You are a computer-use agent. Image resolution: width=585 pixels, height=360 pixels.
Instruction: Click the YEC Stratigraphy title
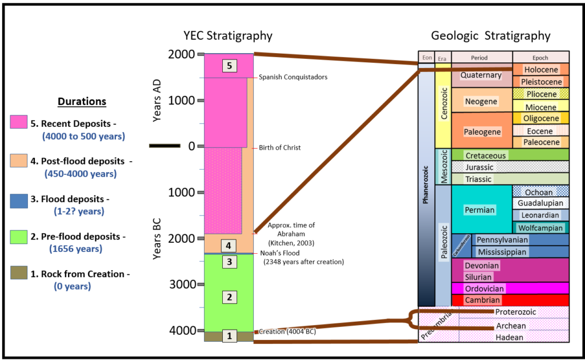click(227, 36)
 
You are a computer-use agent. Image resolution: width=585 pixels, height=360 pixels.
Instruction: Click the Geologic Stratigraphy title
click(490, 36)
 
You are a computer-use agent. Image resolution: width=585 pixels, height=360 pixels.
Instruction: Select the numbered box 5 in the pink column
click(229, 66)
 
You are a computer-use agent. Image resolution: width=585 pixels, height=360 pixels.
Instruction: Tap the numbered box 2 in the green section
click(229, 297)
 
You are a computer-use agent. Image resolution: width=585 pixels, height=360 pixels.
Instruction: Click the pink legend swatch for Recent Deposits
click(18, 122)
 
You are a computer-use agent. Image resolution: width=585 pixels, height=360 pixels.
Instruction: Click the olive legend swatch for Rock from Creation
click(18, 273)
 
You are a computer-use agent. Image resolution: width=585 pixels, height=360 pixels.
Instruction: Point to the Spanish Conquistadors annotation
click(293, 77)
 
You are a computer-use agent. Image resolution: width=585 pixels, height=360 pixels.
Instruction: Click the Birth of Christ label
click(279, 147)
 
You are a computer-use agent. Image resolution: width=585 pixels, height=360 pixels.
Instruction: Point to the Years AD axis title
click(158, 101)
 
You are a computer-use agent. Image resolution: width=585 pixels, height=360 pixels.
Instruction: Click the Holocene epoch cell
click(540, 70)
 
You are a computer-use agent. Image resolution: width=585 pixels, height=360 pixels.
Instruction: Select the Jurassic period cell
click(479, 167)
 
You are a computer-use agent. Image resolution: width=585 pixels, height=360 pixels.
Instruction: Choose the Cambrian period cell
click(482, 300)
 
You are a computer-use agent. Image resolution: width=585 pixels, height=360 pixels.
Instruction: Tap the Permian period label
click(479, 210)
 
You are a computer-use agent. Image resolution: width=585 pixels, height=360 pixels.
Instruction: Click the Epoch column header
click(540, 58)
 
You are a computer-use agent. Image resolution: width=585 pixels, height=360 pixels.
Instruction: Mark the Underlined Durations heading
click(82, 102)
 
